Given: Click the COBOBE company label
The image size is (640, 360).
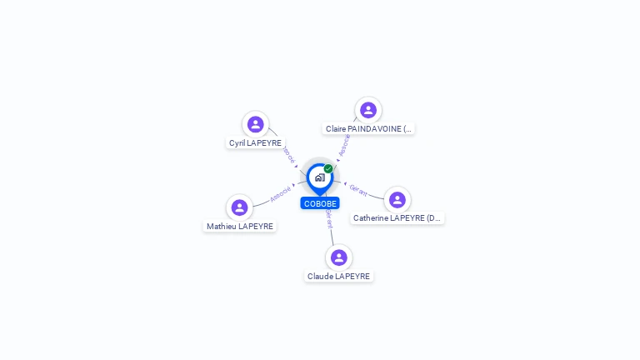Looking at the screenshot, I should click(320, 203).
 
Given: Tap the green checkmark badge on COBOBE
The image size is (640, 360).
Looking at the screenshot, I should click(328, 169).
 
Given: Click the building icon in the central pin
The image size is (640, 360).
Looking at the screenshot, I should click(319, 177).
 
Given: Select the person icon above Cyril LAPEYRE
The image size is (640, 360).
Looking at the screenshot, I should click(256, 124).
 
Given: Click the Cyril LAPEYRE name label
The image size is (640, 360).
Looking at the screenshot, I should click(255, 143).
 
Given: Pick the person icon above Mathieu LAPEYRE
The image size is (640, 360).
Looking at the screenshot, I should click(239, 207).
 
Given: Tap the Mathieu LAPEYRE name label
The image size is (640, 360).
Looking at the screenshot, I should click(240, 227).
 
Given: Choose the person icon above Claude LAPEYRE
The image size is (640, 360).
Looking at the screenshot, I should click(338, 257).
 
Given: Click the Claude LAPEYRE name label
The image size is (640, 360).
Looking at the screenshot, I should click(338, 277).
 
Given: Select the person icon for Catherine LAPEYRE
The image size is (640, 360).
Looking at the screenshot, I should click(397, 200).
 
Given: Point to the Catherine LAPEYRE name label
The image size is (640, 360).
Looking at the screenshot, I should click(397, 218).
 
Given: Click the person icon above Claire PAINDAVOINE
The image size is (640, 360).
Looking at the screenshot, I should click(367, 110).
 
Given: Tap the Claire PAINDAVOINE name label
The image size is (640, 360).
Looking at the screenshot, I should click(368, 129).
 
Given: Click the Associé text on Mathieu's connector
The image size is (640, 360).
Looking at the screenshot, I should click(281, 194).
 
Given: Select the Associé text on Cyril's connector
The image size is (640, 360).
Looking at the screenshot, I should click(288, 155).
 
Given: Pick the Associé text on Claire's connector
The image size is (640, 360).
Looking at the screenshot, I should click(344, 146).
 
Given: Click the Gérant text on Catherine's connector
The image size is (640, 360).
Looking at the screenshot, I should click(358, 191).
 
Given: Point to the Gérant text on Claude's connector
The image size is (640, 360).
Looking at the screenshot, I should click(329, 218).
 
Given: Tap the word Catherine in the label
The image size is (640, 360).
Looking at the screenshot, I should click(370, 218).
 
